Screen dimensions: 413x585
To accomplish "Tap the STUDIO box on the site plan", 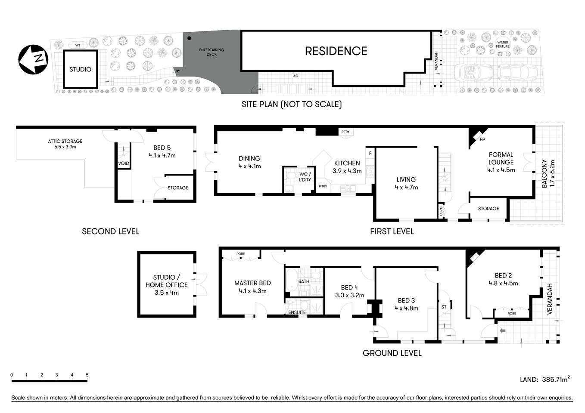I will [81, 69].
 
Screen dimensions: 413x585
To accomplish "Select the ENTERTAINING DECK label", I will [211, 52].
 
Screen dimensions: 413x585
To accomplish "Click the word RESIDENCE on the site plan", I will [336, 51].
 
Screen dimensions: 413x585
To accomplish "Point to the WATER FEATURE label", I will [502, 44].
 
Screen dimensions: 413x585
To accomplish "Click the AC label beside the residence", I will [296, 76].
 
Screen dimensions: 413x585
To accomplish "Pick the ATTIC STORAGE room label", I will [65, 144].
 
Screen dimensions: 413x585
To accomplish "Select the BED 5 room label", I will [162, 151].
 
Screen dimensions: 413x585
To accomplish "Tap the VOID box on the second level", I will [124, 163].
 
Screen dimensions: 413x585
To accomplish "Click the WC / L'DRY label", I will [305, 177].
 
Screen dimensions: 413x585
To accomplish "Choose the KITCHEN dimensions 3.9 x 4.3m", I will [347, 171].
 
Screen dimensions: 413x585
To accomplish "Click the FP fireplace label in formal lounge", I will [482, 140].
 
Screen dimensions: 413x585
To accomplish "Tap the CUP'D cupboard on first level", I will [441, 211].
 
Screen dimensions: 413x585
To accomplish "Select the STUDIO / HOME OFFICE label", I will [166, 285].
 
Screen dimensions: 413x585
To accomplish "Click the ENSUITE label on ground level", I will [297, 312].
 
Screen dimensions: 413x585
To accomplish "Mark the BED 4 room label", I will [349, 291].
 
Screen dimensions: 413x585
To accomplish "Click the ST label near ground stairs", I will [444, 307].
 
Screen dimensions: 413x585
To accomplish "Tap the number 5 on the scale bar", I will [87, 375].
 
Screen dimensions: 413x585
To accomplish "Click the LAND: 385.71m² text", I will [545, 379].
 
